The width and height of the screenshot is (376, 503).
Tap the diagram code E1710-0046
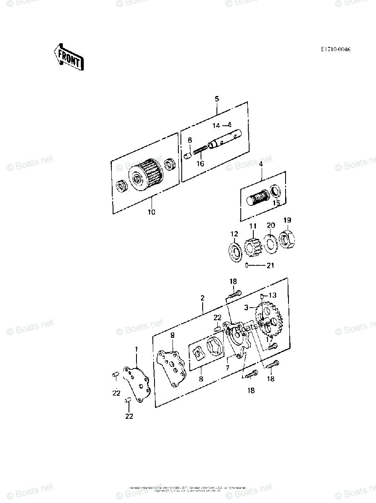click(335, 49)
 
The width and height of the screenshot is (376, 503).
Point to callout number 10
click(151, 212)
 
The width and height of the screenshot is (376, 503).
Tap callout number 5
click(217, 99)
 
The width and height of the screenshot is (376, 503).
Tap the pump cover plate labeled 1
click(136, 382)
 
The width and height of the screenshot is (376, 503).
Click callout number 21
click(270, 265)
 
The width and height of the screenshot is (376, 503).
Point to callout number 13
click(273, 295)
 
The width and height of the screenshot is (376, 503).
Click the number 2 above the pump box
click(203, 298)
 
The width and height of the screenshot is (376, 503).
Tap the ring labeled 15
click(276, 191)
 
